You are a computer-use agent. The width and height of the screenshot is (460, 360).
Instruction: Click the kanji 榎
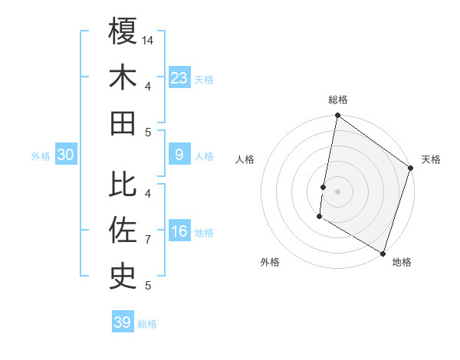click(123, 32)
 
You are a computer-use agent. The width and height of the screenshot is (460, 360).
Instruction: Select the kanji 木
click(123, 77)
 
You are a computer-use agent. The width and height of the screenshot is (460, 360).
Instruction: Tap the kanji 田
click(123, 123)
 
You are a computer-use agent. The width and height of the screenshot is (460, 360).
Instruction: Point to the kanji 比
click(123, 185)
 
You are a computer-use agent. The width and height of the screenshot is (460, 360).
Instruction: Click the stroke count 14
click(149, 39)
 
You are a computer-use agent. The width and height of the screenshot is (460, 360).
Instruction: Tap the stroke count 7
click(148, 240)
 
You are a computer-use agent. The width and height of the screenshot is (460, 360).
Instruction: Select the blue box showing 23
click(179, 77)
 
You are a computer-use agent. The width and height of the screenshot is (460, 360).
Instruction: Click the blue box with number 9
click(179, 155)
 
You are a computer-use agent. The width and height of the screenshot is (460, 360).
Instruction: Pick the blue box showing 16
click(179, 231)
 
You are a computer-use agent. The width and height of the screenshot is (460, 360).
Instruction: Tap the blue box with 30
click(66, 155)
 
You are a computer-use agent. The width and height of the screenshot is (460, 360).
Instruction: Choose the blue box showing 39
click(123, 322)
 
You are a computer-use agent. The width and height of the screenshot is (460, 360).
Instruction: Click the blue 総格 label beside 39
click(148, 324)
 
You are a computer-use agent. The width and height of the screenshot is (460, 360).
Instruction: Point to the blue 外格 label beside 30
click(41, 156)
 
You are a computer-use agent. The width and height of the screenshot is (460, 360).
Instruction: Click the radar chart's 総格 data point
click(337, 116)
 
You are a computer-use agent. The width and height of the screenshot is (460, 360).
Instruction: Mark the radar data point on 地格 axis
click(383, 253)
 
